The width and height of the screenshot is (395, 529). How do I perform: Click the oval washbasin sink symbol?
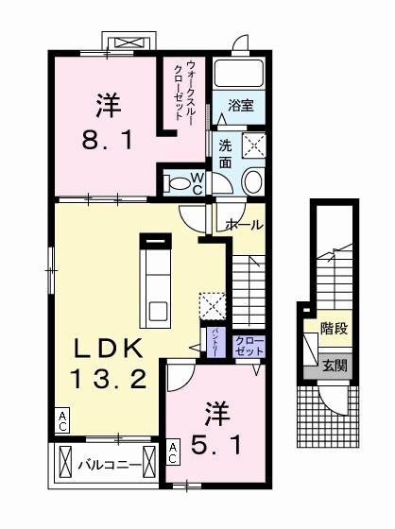pos(252,181)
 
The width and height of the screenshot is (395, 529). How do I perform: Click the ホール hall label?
pos(244,225)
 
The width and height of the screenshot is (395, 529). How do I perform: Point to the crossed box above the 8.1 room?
pos(127,43)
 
